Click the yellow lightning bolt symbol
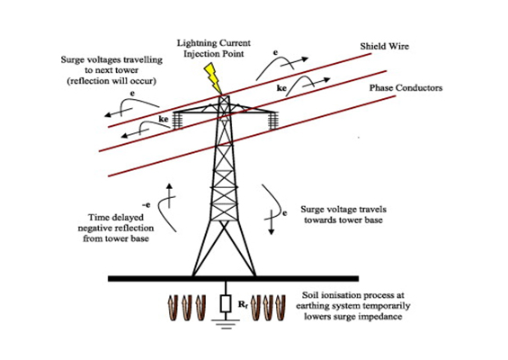pyautogui.click(x=213, y=78)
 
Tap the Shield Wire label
pyautogui.click(x=384, y=47)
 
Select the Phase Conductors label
pyautogui.click(x=406, y=88)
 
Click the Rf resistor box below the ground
pyautogui.click(x=226, y=304)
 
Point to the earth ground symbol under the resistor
pyautogui.click(x=226, y=324)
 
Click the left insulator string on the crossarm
pyautogui.click(x=177, y=121)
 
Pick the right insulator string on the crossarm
pyautogui.click(x=272, y=121)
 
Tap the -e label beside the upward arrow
pyautogui.click(x=147, y=205)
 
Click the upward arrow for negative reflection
pyautogui.click(x=169, y=195)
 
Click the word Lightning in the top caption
pyautogui.click(x=197, y=43)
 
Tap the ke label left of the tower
pyautogui.click(x=164, y=120)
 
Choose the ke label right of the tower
pyautogui.click(x=281, y=88)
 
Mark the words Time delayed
pyautogui.click(x=116, y=217)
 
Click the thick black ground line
pyautogui.click(x=233, y=279)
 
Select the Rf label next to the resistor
pyautogui.click(x=243, y=304)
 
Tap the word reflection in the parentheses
pyautogui.click(x=92, y=81)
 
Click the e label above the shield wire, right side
pyautogui.click(x=275, y=52)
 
